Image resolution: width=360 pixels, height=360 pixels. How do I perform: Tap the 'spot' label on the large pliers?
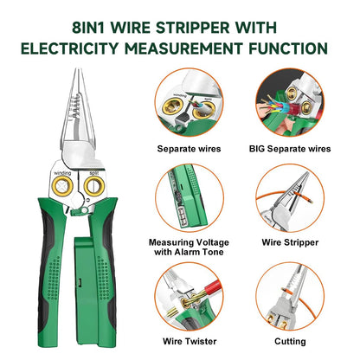(93, 171)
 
